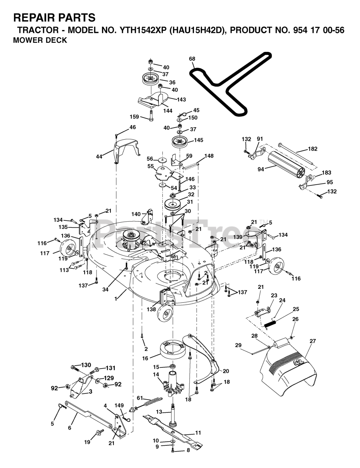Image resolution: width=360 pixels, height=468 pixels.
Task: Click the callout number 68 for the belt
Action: (192, 59)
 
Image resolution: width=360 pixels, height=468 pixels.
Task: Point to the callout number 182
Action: (313, 149)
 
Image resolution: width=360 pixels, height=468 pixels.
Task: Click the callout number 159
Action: (134, 117)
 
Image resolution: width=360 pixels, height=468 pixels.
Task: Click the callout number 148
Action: (209, 156)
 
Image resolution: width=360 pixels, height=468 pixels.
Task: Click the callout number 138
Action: (151, 309)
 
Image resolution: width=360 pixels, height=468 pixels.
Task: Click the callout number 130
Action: (86, 365)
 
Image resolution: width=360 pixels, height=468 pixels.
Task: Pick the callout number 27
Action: (312, 341)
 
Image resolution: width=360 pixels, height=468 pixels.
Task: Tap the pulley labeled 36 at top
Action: (150, 79)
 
